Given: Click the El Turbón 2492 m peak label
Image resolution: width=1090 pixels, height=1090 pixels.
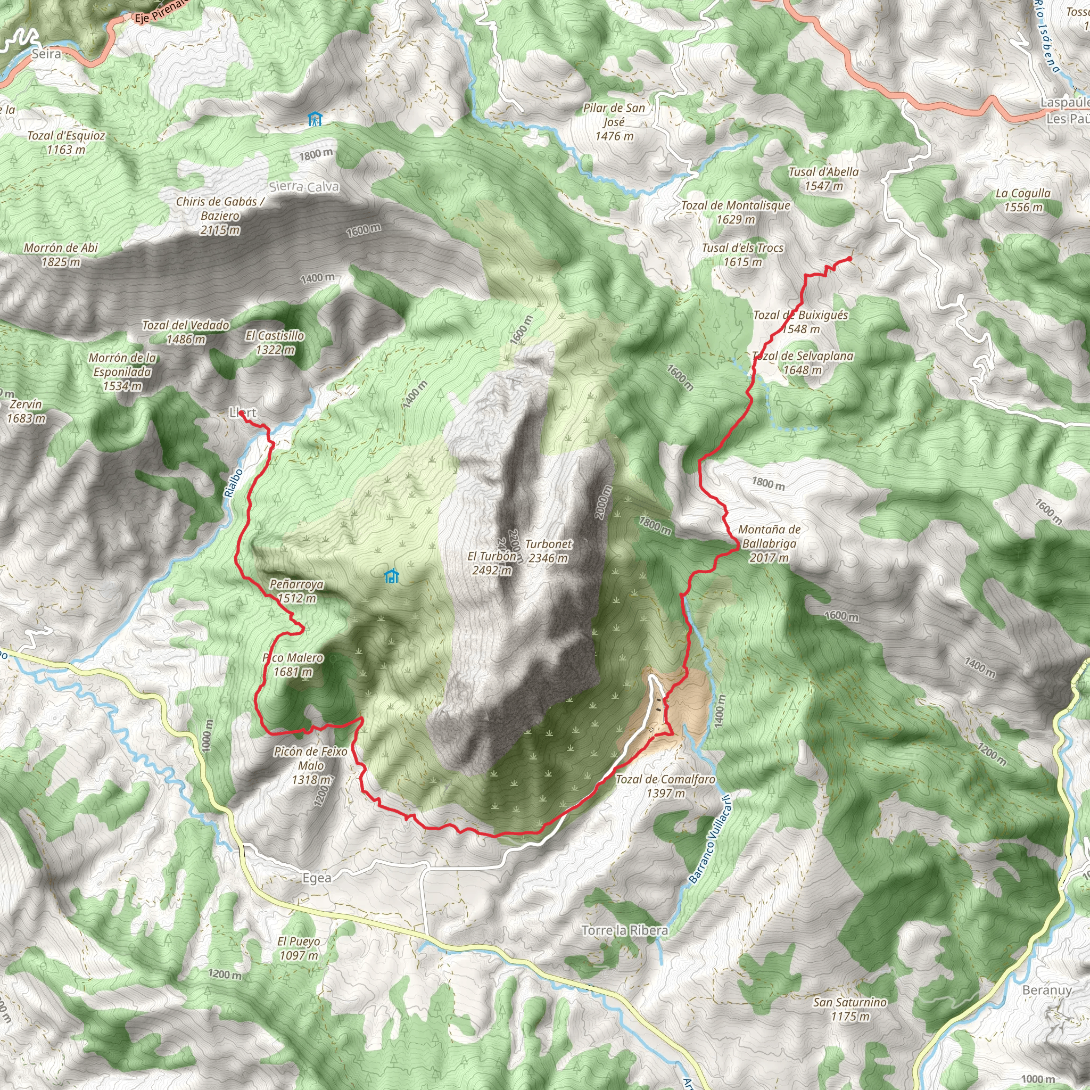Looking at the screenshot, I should pyautogui.click(x=491, y=563).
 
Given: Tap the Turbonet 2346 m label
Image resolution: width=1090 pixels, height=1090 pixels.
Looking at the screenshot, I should pyautogui.click(x=548, y=551).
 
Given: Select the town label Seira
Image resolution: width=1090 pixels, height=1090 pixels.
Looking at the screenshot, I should pyautogui.click(x=46, y=54).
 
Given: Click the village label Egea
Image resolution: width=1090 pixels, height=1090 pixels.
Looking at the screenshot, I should pyautogui.click(x=317, y=878).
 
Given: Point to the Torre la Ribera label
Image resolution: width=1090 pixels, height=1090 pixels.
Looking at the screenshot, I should pyautogui.click(x=624, y=930).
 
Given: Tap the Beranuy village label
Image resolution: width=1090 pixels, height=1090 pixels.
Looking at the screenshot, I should pyautogui.click(x=1046, y=990).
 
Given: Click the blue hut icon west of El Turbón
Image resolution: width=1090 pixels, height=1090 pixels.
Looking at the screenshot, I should pyautogui.click(x=392, y=576).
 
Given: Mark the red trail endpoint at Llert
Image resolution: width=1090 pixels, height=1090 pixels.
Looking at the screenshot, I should pyautogui.click(x=241, y=413).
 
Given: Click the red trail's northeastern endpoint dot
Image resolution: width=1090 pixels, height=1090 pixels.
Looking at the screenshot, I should pyautogui.click(x=849, y=259).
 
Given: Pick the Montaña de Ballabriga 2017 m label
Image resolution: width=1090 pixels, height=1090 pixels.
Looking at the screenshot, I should pyautogui.click(x=769, y=543).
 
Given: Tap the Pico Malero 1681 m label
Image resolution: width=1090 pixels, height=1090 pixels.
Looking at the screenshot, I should pyautogui.click(x=293, y=665).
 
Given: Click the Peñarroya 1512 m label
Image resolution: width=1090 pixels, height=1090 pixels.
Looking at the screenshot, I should pyautogui.click(x=296, y=591).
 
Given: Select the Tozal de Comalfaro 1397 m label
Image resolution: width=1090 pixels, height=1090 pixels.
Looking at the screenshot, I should pyautogui.click(x=665, y=786).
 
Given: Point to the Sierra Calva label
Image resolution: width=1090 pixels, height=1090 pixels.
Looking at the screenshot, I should pyautogui.click(x=304, y=187).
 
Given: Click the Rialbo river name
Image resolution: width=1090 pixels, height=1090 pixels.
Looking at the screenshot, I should pyautogui.click(x=233, y=483).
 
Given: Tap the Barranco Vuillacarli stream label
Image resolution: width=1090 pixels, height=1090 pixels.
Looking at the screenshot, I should pyautogui.click(x=710, y=839).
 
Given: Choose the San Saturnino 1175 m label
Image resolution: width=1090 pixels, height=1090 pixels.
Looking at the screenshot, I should pyautogui.click(x=849, y=1009).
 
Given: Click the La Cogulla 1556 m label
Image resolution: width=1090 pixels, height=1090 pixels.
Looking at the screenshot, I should pyautogui.click(x=1023, y=200).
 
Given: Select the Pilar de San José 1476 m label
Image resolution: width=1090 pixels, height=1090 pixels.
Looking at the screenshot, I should pyautogui.click(x=614, y=122).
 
